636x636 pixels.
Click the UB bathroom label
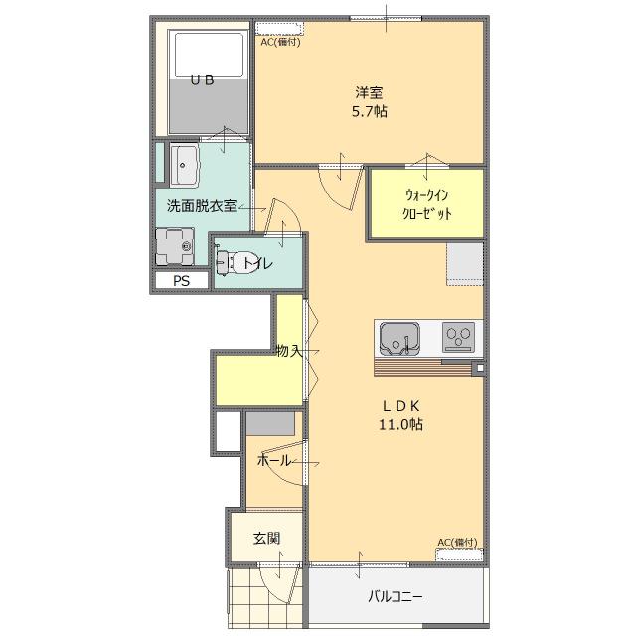click(x=202, y=79)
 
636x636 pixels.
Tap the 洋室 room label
click(x=369, y=92)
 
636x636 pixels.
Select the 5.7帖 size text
click(x=369, y=111)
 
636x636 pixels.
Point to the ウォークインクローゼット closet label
click(x=427, y=204)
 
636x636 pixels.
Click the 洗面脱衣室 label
click(x=202, y=206)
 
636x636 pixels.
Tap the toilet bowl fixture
click(x=235, y=262)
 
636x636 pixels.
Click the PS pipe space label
click(x=181, y=281)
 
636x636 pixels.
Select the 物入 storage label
click(x=289, y=351)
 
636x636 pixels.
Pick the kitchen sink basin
click(x=399, y=339)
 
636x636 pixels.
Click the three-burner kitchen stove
click(x=458, y=337)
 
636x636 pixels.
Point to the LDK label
click(x=400, y=406)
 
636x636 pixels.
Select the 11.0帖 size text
click(x=400, y=424)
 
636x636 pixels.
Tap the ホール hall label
click(x=274, y=460)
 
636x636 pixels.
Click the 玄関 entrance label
click(x=267, y=539)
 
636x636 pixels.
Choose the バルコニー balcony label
click(x=396, y=596)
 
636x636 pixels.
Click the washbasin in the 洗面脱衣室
click(x=184, y=165)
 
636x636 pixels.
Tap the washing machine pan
click(x=175, y=246)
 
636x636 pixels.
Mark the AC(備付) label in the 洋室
click(x=280, y=42)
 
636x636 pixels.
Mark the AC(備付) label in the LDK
click(x=457, y=543)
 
